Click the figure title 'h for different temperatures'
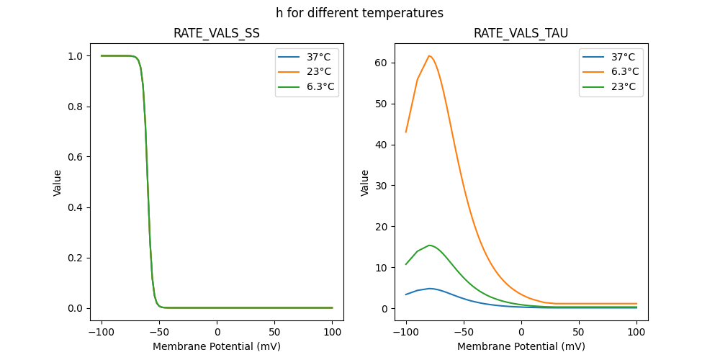tap(359, 13)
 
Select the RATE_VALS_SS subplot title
tap(217, 33)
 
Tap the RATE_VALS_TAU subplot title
tap(521, 33)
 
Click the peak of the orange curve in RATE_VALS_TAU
tap(429, 55)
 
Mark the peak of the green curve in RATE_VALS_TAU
tap(429, 245)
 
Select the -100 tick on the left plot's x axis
tap(102, 333)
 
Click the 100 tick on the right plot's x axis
tap(636, 333)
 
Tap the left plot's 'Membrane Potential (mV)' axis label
tap(217, 346)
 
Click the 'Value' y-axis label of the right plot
tap(365, 183)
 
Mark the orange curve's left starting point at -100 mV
tap(406, 132)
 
